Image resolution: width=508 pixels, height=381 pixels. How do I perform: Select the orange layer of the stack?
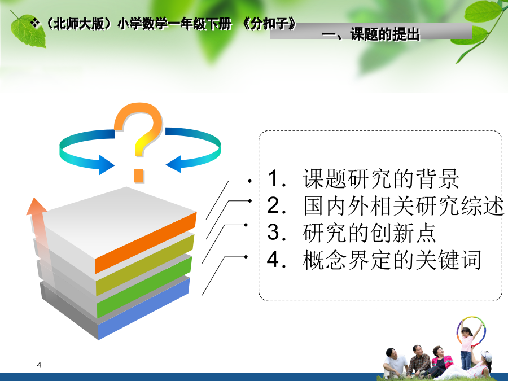(x=146, y=243)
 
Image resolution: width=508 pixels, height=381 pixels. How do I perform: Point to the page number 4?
(x=39, y=365)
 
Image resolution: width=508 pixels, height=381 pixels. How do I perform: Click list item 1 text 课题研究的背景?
(x=380, y=179)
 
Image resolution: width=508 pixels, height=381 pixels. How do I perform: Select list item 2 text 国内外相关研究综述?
(x=404, y=205)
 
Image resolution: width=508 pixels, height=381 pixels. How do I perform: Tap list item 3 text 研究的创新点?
(x=369, y=233)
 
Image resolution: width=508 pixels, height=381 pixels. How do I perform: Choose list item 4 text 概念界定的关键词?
(x=392, y=260)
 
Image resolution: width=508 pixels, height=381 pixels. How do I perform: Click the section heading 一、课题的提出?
(x=371, y=34)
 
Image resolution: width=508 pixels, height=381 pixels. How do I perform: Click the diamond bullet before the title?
(x=34, y=23)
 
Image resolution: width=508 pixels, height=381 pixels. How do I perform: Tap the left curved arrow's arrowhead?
(x=106, y=165)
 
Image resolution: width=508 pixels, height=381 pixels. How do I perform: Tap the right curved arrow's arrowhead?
(x=174, y=164)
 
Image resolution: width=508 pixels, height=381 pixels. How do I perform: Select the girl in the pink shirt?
(x=467, y=347)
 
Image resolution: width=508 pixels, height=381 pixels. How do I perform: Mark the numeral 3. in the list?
(x=277, y=233)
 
